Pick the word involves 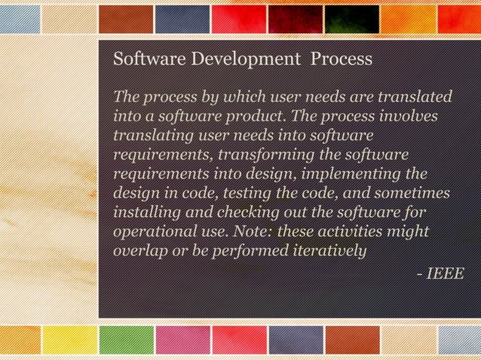(x=408, y=117)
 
